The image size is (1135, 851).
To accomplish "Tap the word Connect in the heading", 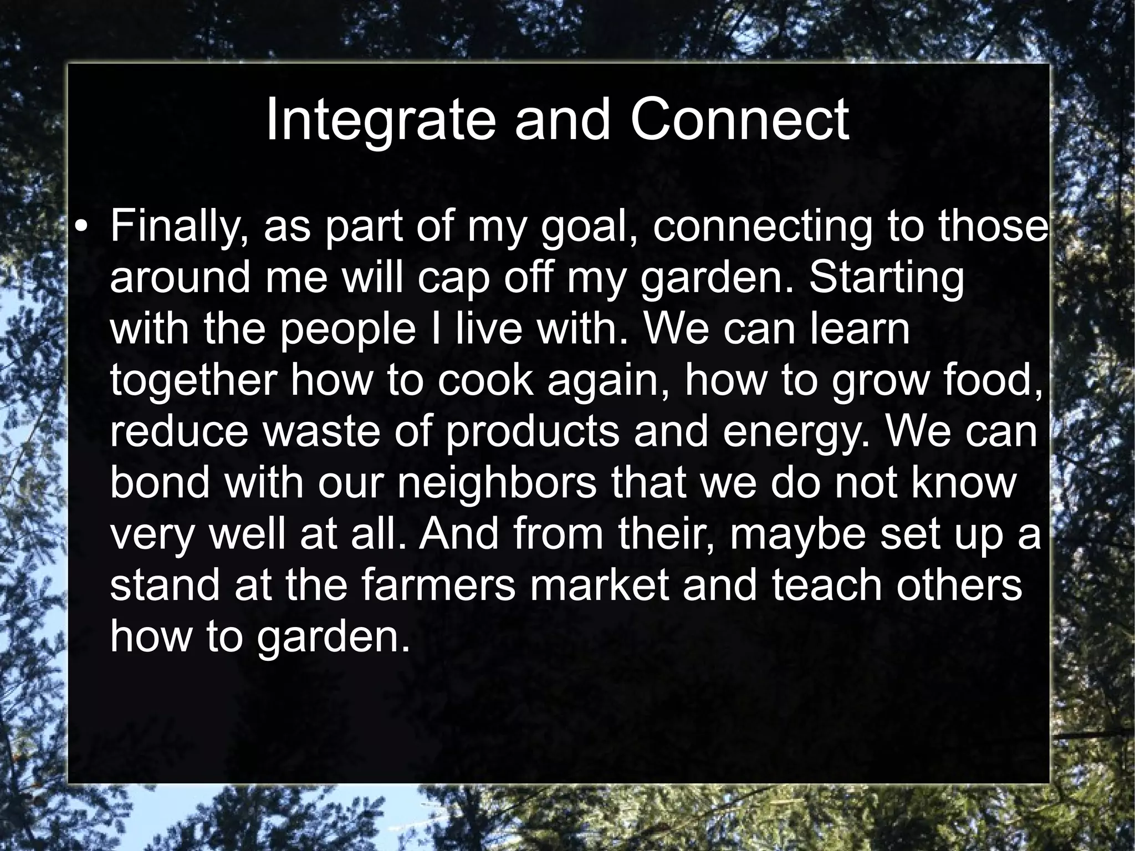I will pyautogui.click(x=739, y=120).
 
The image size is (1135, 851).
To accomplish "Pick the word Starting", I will pyautogui.click(x=887, y=278).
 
